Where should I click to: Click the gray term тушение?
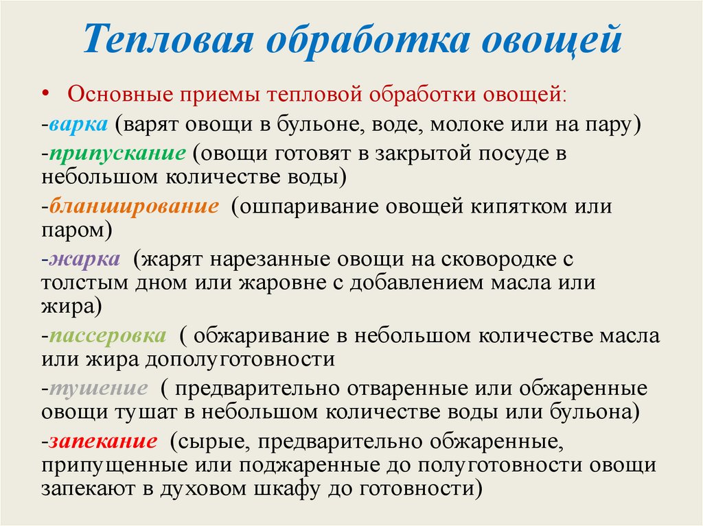[98, 389]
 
